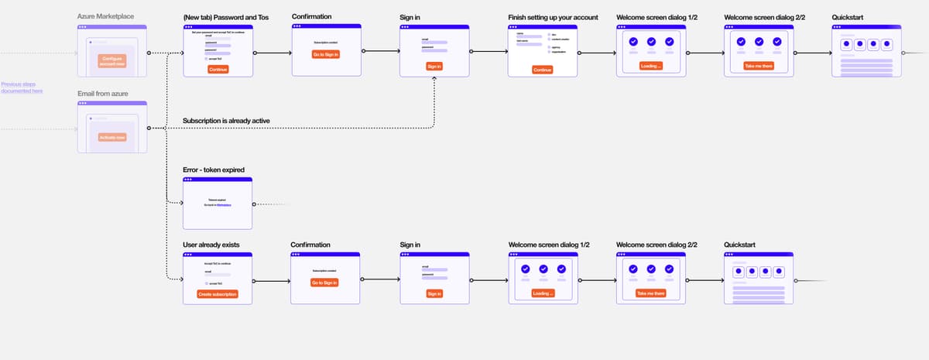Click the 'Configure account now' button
tap(111, 61)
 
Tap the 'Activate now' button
tap(111, 137)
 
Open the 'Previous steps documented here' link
tap(22, 87)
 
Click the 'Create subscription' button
tap(218, 294)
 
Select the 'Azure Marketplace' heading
tap(106, 16)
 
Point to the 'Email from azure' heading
tap(103, 94)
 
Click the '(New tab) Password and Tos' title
tap(225, 16)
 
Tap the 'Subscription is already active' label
tap(226, 121)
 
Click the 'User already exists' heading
tap(211, 245)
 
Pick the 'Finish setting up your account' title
tap(553, 16)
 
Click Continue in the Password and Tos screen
tap(218, 69)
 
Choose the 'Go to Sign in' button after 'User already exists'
tap(325, 283)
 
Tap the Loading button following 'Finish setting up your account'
tap(651, 66)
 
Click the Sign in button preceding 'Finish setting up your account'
tap(434, 67)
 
